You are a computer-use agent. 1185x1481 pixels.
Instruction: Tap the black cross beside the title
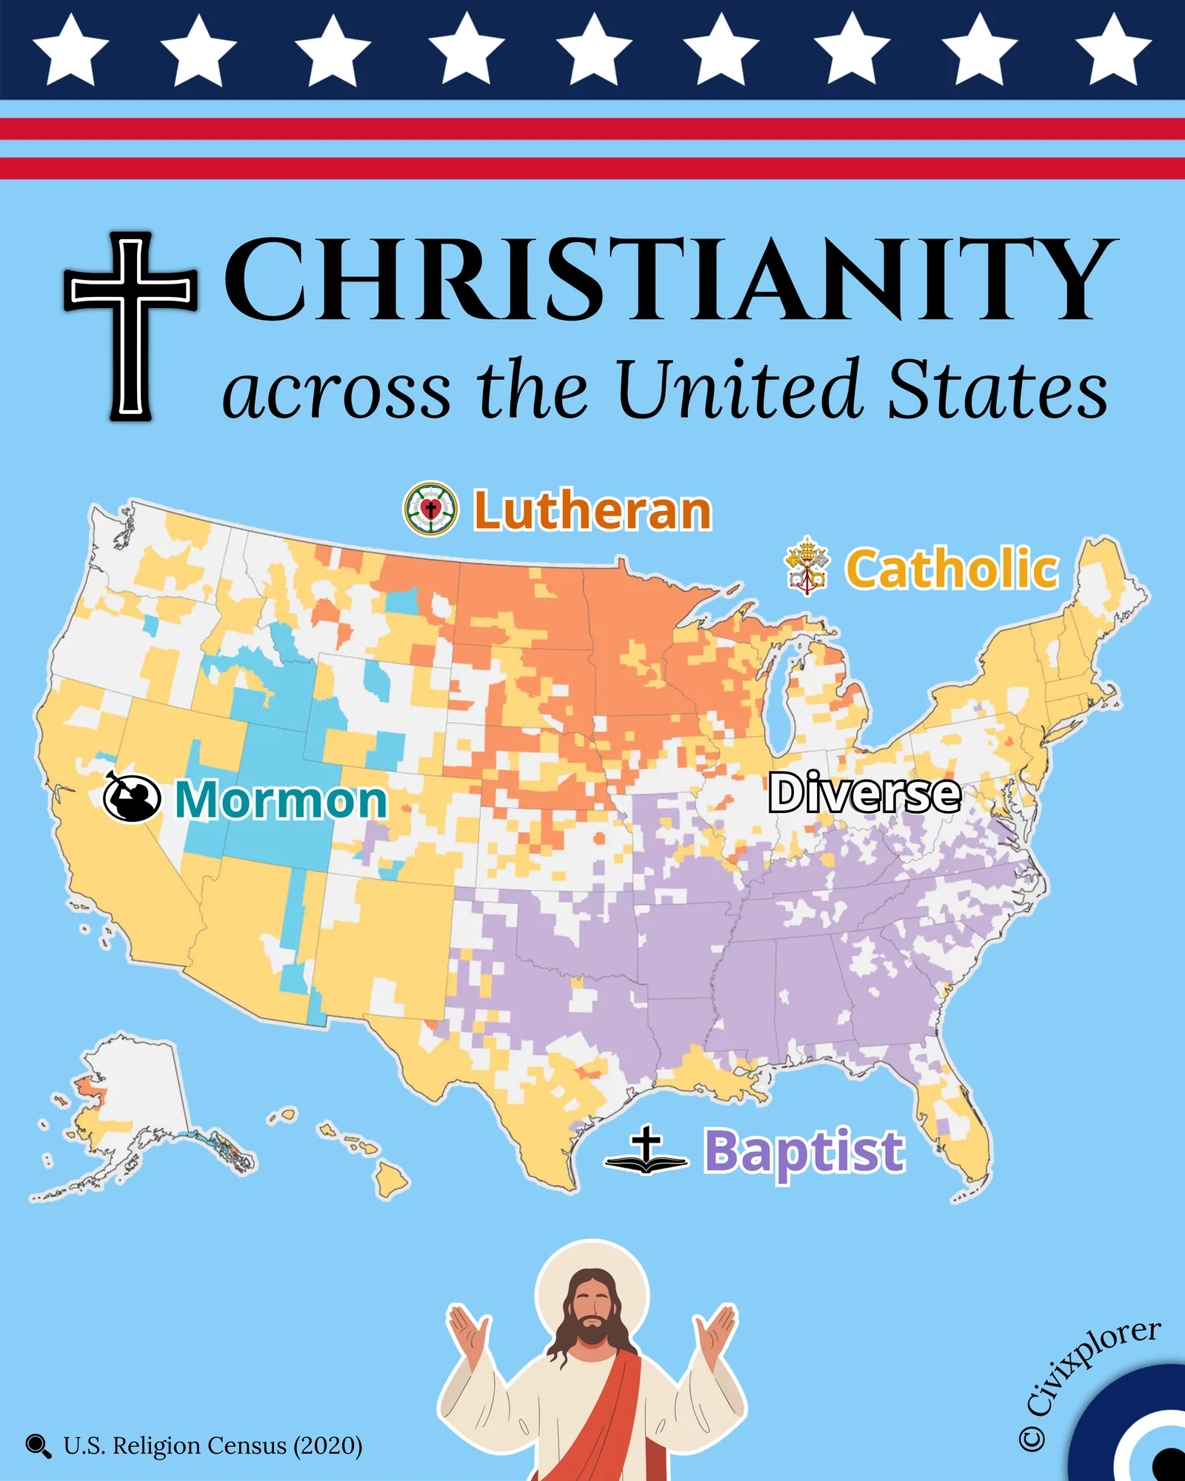pyautogui.click(x=131, y=326)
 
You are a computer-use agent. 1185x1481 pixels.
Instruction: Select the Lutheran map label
pyautogui.click(x=592, y=511)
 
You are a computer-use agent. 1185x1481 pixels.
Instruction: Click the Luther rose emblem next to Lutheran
pyautogui.click(x=430, y=509)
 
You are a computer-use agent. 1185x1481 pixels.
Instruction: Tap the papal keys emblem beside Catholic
pyautogui.click(x=807, y=566)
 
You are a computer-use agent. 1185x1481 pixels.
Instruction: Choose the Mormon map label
pyautogui.click(x=281, y=800)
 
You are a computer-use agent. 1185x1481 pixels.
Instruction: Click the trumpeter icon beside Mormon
pyautogui.click(x=132, y=798)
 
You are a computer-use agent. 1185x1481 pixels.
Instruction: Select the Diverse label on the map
pyautogui.click(x=864, y=793)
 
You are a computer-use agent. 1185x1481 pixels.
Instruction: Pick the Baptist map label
pyautogui.click(x=804, y=1151)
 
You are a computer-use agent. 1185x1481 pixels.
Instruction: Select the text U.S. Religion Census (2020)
pyautogui.click(x=213, y=1445)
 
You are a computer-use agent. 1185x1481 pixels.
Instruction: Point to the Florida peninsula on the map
pyautogui.click(x=955, y=1126)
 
